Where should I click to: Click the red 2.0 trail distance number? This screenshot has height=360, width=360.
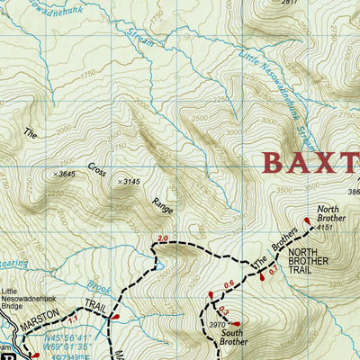163,238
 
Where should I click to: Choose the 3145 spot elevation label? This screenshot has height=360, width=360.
130,182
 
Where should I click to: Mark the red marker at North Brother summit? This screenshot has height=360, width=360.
307,219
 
